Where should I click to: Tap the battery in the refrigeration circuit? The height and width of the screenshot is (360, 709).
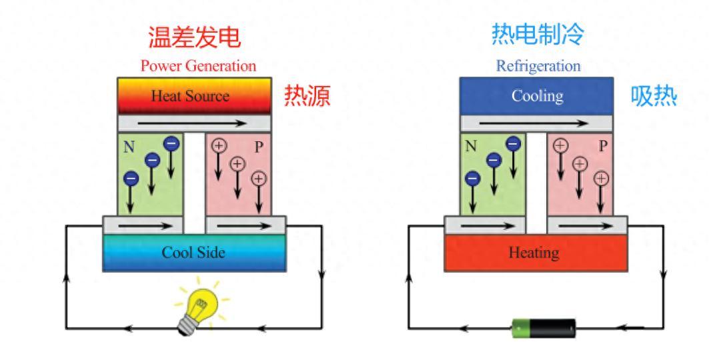pos(543,327)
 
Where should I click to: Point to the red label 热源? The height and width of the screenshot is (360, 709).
pos(307,97)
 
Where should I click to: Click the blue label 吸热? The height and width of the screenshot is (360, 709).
pos(654,97)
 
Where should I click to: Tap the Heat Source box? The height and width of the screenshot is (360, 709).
pos(194,96)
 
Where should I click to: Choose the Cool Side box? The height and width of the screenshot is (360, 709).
pos(194,253)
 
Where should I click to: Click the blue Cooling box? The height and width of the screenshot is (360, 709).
pos(537,96)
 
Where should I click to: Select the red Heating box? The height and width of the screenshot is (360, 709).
pos(537,253)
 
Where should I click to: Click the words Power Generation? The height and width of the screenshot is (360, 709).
pos(197,67)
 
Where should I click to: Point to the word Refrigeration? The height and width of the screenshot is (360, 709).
pos(538,67)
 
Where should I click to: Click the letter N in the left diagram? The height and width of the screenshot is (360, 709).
pos(128,147)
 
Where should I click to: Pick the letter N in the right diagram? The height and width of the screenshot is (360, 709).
pos(471,147)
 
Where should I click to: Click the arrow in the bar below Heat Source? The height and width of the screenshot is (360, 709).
pos(194,123)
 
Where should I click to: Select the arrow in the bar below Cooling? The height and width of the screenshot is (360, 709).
pos(537,123)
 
